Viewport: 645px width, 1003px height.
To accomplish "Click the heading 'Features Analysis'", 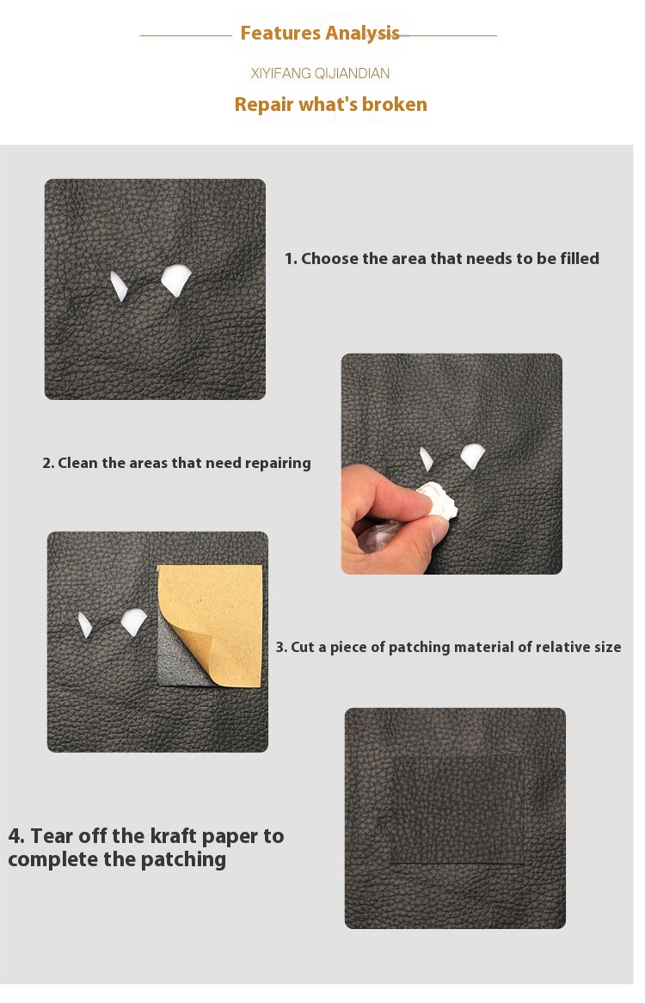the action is tap(320, 33).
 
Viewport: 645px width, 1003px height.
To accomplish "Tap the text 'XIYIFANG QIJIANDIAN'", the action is tap(320, 74).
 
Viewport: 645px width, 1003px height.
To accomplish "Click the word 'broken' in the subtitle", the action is tap(395, 104).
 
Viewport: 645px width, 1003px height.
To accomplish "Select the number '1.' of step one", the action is tap(291, 258).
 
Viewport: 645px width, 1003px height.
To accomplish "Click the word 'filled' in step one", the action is tap(580, 258).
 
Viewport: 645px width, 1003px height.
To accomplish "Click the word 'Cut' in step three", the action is tap(303, 647).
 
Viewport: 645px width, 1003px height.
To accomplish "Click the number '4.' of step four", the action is tap(16, 836).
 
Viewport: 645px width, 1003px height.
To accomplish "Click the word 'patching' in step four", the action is tap(183, 859).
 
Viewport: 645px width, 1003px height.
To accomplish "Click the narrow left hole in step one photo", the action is tap(119, 286).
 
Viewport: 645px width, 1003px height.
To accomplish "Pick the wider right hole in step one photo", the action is tap(175, 280).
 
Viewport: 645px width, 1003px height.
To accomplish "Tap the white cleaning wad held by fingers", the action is tap(439, 500).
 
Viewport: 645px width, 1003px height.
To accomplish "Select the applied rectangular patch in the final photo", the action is tap(458, 810).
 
